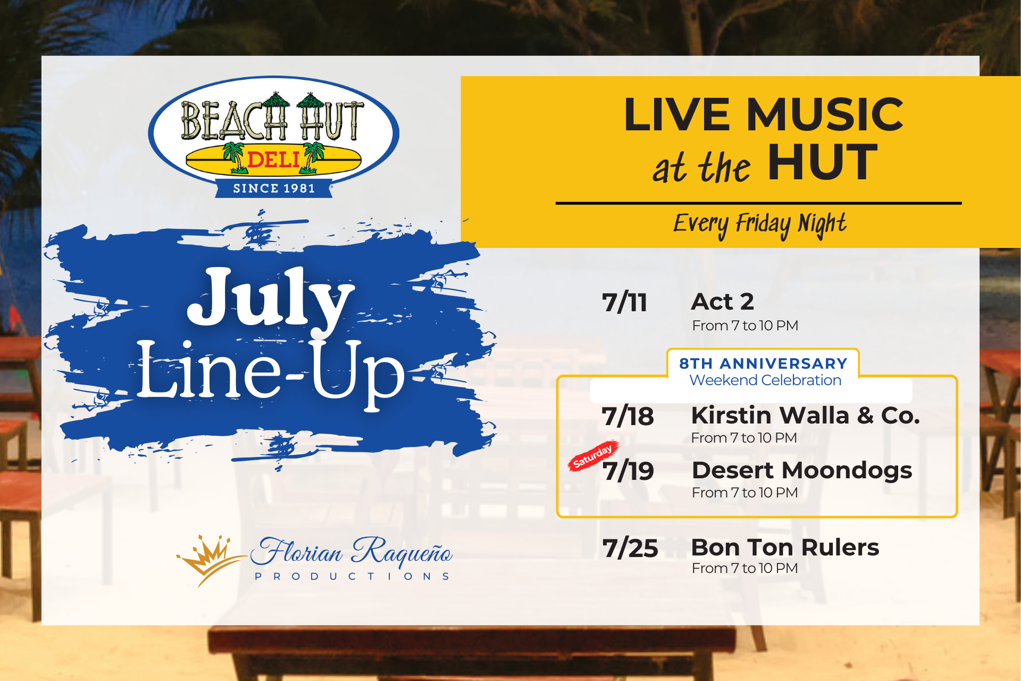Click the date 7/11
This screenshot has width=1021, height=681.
tap(624, 303)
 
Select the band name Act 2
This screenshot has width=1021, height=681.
tap(722, 302)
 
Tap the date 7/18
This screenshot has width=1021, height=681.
tap(627, 416)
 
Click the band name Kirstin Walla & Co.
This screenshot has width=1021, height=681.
tap(805, 415)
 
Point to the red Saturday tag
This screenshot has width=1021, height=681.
tap(593, 455)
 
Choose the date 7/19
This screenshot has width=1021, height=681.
tap(628, 471)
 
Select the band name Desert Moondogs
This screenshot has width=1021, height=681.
tap(802, 470)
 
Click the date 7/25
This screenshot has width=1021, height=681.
tap(630, 548)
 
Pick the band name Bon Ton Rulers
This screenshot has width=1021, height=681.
tap(785, 547)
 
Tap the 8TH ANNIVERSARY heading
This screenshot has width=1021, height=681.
tap(763, 363)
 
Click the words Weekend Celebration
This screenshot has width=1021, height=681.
tap(765, 380)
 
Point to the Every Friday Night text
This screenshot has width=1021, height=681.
tap(760, 225)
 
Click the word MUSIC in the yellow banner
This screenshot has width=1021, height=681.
tap(825, 114)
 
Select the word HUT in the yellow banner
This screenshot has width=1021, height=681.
tap(822, 162)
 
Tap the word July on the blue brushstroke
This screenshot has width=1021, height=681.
tap(270, 299)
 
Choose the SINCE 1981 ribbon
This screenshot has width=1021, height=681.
tap(274, 188)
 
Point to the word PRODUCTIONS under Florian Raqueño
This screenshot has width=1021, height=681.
tap(353, 576)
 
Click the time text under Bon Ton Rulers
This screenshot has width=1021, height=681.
tap(744, 568)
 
